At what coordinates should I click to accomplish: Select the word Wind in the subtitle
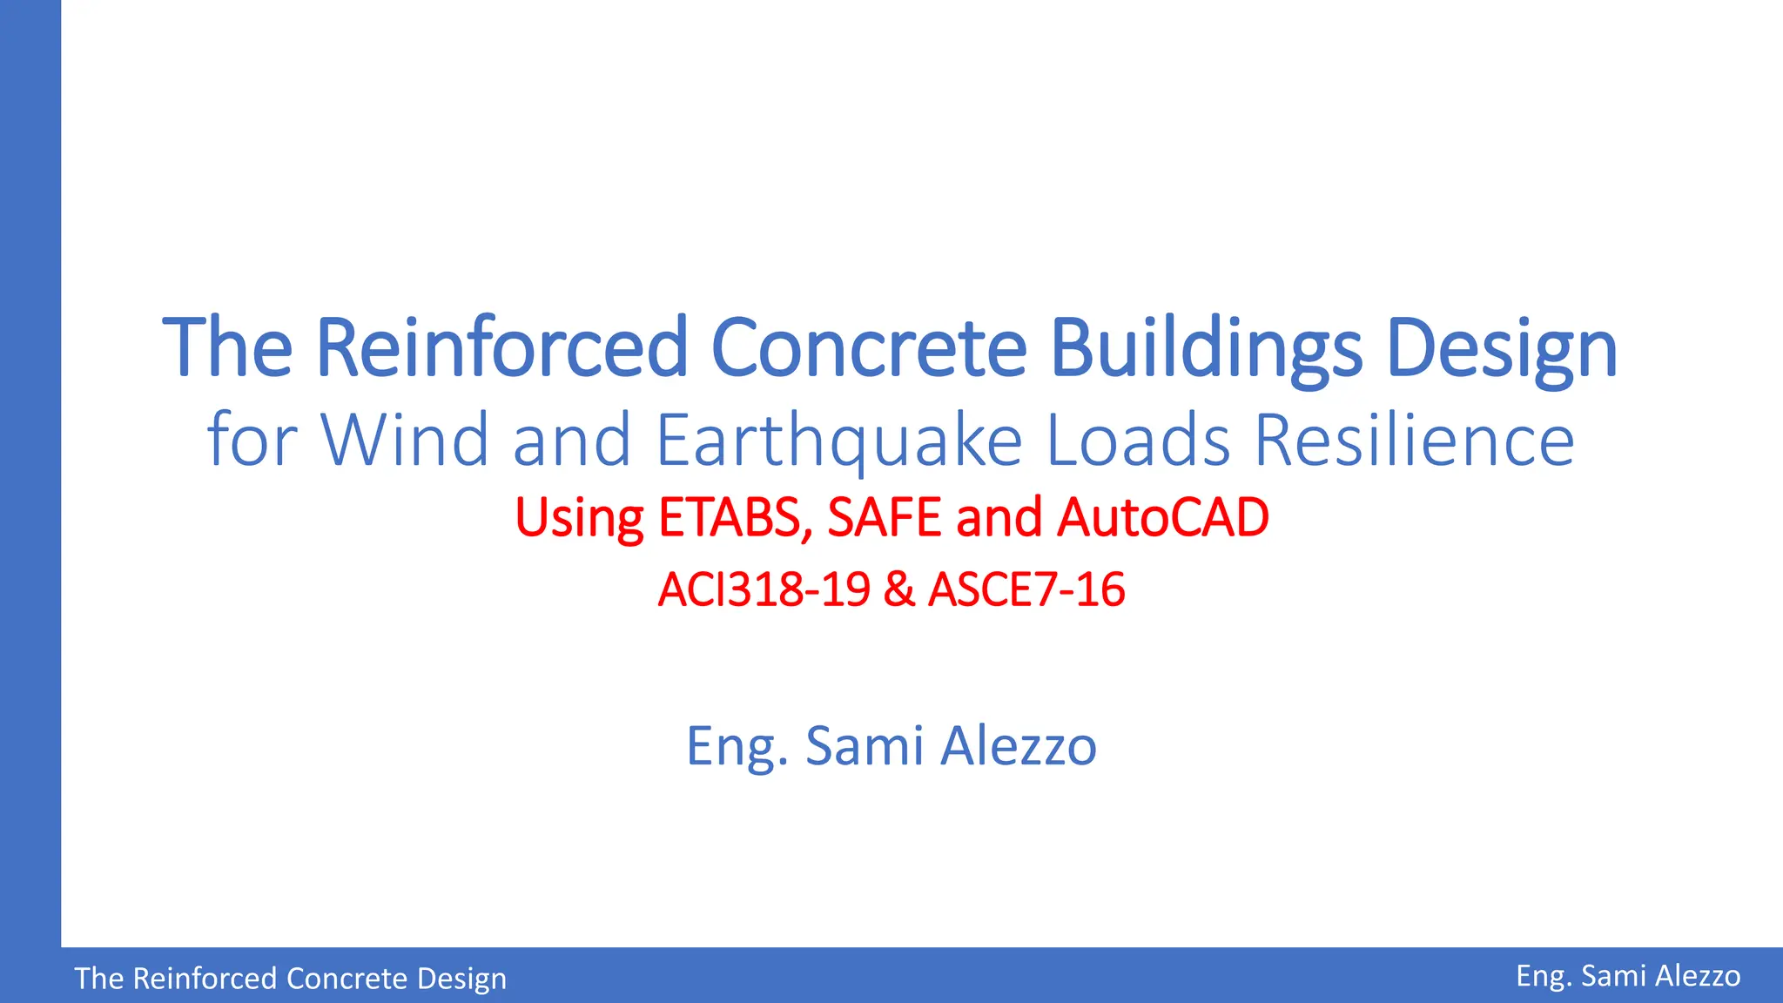(x=405, y=440)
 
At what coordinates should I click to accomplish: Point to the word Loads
(x=1137, y=440)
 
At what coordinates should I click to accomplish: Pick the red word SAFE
(x=885, y=517)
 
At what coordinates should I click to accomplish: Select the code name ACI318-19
(x=764, y=589)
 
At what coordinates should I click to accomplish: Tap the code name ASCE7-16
(x=1026, y=589)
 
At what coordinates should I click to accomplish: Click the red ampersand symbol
(x=898, y=589)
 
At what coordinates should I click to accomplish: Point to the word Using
(x=579, y=519)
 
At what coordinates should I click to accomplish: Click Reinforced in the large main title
(x=502, y=348)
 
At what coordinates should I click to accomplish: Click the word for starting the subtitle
(x=252, y=440)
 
